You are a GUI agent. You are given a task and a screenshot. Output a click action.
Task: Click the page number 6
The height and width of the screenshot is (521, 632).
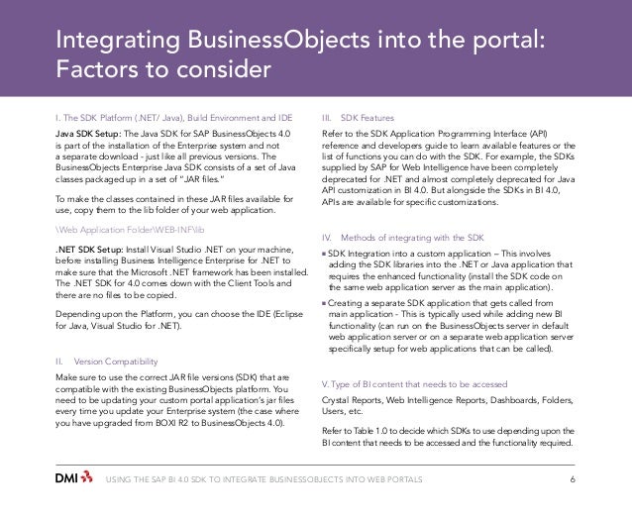pyautogui.click(x=574, y=479)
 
